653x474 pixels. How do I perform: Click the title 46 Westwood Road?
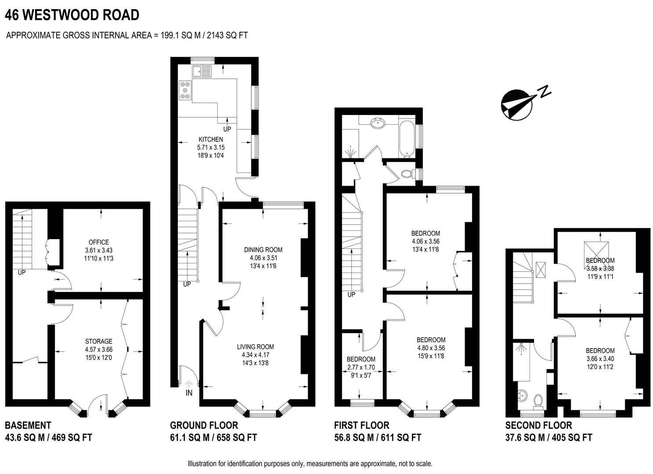tap(72, 15)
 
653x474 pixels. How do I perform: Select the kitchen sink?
tap(202, 71)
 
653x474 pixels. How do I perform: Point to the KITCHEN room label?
tap(211, 140)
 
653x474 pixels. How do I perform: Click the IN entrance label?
tap(189, 393)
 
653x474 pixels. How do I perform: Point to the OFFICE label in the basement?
tap(98, 242)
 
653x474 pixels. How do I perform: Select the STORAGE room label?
tap(99, 341)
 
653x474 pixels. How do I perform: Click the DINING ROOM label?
tap(263, 250)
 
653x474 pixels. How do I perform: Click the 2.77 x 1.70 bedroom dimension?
tap(361, 367)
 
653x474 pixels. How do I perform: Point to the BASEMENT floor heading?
tap(28, 425)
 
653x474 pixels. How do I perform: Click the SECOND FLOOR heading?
tap(538, 425)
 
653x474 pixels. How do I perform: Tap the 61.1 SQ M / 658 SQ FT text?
tap(213, 438)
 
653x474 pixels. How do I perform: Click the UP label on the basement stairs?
tap(22, 273)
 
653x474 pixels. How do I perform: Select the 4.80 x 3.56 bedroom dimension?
tap(431, 348)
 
